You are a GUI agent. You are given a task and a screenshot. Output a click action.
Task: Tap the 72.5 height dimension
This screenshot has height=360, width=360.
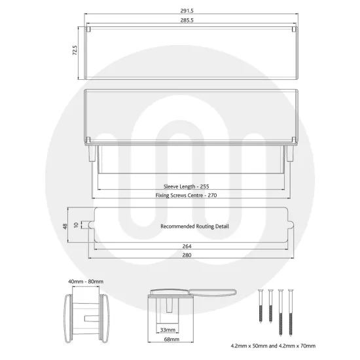point(76,50)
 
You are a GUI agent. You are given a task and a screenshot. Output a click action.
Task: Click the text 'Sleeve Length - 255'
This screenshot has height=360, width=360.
point(190,186)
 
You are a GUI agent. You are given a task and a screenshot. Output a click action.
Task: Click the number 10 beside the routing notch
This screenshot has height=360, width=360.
point(76,225)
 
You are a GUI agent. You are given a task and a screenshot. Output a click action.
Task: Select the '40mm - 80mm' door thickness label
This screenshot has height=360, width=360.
point(86,281)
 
